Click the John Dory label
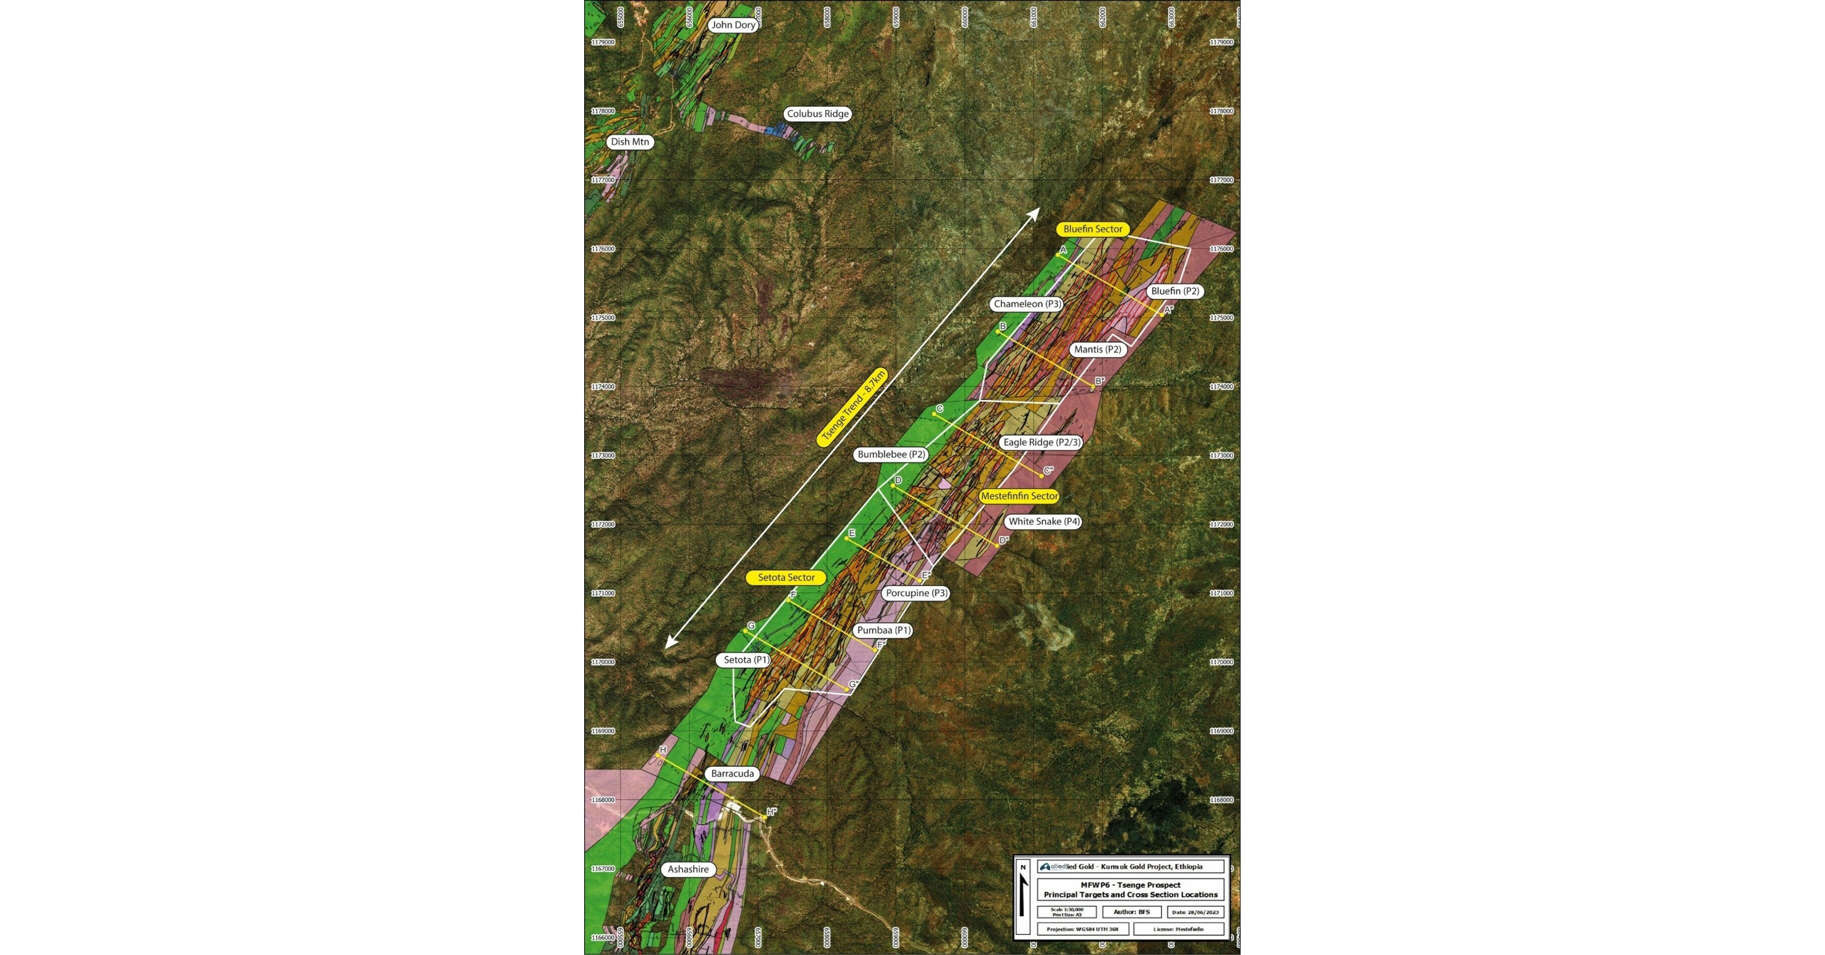733,25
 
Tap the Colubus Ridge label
817,113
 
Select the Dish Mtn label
630,142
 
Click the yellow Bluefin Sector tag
1093,229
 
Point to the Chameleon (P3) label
1027,304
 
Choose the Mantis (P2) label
1097,349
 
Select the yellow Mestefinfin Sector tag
1019,496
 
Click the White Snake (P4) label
1044,522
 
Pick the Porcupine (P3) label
917,593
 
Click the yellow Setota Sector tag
786,578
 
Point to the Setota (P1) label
746,660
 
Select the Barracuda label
732,774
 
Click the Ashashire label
688,869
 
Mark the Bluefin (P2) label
1175,291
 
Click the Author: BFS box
1131,912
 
